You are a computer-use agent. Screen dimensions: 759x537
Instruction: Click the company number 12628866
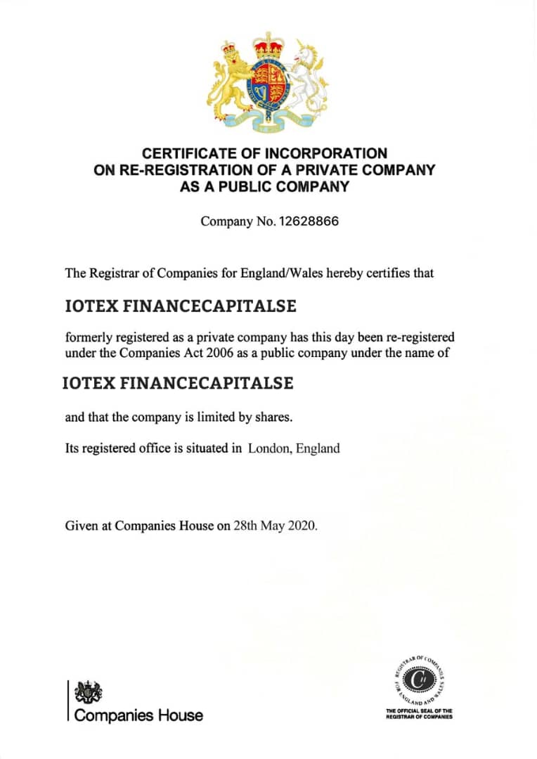(309, 221)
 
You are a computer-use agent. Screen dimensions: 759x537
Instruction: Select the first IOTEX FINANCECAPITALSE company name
(180, 307)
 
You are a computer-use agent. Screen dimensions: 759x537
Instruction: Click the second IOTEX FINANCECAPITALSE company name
(178, 384)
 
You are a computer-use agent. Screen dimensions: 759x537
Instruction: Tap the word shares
(271, 417)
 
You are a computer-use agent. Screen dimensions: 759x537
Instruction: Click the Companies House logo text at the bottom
(138, 715)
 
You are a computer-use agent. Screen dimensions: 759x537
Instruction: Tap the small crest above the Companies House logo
(88, 691)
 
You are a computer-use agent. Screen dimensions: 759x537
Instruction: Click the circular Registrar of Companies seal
(419, 680)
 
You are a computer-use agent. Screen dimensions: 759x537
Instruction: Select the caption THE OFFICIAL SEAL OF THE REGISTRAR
(419, 714)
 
